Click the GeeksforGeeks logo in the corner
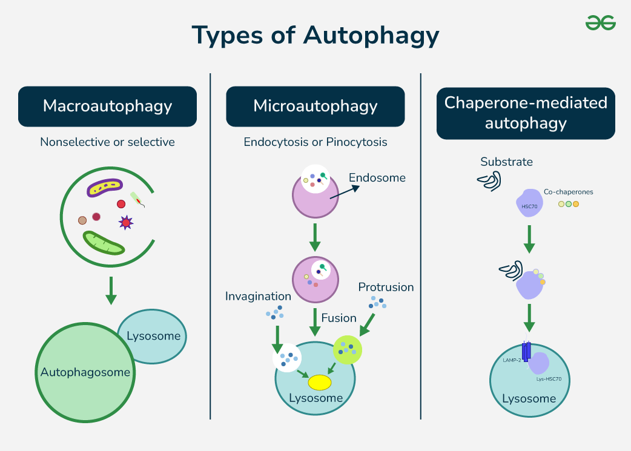pyautogui.click(x=600, y=23)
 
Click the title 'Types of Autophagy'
pyautogui.click(x=315, y=36)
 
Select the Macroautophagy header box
pyautogui.click(x=107, y=107)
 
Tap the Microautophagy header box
pyautogui.click(x=315, y=107)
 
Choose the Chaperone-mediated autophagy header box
pyautogui.click(x=526, y=113)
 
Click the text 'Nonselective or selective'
pyautogui.click(x=107, y=142)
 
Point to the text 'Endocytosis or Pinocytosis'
pyautogui.click(x=315, y=142)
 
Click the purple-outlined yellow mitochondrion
pyautogui.click(x=105, y=188)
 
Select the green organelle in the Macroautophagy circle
pyautogui.click(x=104, y=242)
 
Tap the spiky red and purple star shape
pyautogui.click(x=125, y=223)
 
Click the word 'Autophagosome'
pyautogui.click(x=85, y=372)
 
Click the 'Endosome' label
pyautogui.click(x=377, y=178)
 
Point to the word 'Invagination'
pyautogui.click(x=258, y=296)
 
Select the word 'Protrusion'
pyautogui.click(x=386, y=287)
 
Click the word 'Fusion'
pyautogui.click(x=339, y=318)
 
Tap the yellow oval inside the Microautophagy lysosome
pyautogui.click(x=319, y=383)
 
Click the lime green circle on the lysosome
pyautogui.click(x=347, y=349)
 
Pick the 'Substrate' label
pyautogui.click(x=506, y=162)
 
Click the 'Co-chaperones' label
pyautogui.click(x=568, y=192)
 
